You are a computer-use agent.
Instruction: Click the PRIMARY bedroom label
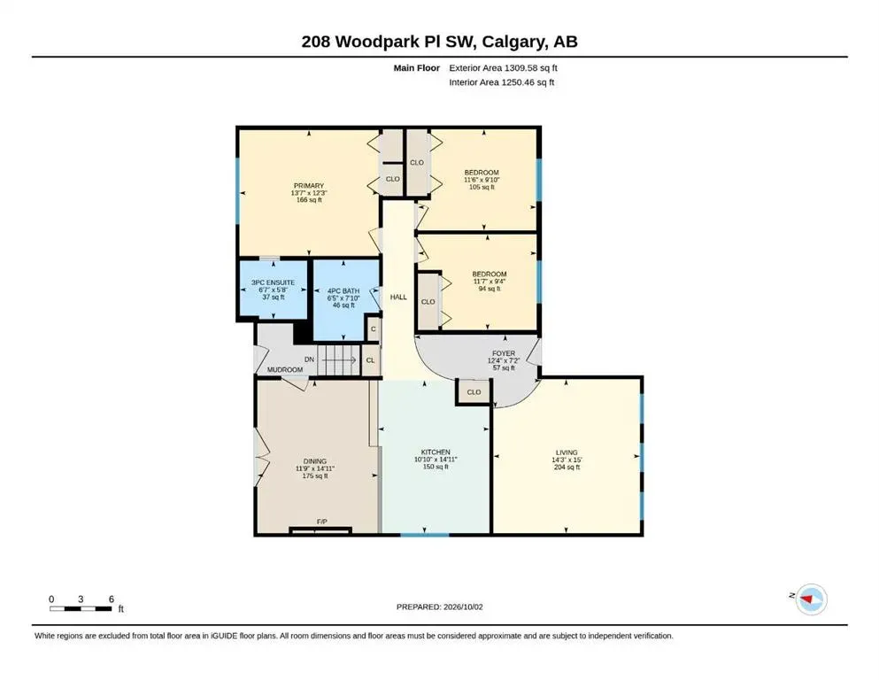(x=309, y=186)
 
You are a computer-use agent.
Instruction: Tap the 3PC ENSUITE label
(x=273, y=282)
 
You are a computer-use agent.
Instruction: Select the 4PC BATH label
(x=343, y=291)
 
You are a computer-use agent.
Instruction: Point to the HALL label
(x=398, y=297)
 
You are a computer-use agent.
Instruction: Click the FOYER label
(x=504, y=353)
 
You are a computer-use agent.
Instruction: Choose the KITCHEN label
(x=436, y=452)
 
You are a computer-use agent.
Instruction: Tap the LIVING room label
(x=567, y=452)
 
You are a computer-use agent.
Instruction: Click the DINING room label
(x=315, y=461)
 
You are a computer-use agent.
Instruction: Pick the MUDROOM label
(x=285, y=369)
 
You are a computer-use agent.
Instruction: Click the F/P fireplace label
(x=322, y=522)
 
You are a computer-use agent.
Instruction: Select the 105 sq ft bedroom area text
(x=482, y=187)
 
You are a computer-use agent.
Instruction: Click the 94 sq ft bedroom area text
(x=490, y=289)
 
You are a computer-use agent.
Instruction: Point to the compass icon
(x=811, y=599)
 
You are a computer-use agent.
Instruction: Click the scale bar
(x=81, y=608)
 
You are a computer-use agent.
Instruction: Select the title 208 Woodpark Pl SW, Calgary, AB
(x=439, y=42)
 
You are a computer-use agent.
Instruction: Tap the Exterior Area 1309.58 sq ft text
(x=503, y=68)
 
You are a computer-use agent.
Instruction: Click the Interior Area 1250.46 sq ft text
(x=501, y=81)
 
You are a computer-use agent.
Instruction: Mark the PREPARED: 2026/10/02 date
(x=439, y=607)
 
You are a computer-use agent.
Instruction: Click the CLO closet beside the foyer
(x=474, y=392)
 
